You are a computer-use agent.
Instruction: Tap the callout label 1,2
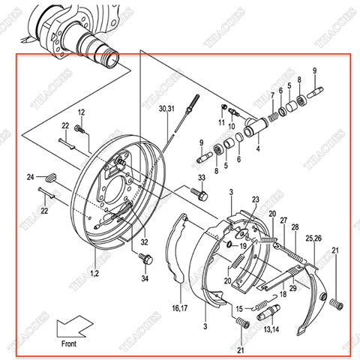[x=93, y=275]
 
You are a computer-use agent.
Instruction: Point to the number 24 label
[x=31, y=177]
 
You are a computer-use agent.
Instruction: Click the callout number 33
[x=201, y=177]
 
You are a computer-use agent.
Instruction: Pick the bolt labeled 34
[x=145, y=259]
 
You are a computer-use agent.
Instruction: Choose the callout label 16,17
[x=180, y=307]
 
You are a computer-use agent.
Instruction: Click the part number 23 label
[x=255, y=199]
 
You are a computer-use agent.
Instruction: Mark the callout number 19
[x=242, y=245]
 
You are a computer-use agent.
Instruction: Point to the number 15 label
[x=238, y=308]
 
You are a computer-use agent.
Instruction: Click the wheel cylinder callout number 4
[x=258, y=149]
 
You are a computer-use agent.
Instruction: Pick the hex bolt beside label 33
[x=200, y=193]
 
